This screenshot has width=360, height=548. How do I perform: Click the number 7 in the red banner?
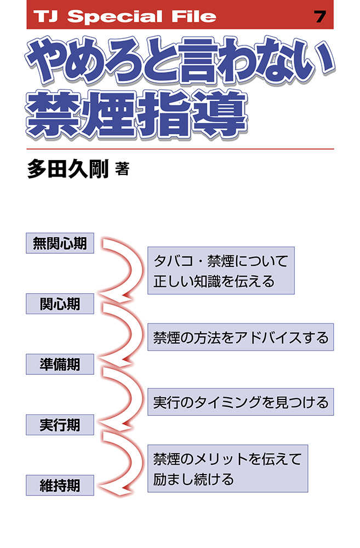[x=320, y=16]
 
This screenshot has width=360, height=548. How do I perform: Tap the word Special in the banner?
[x=115, y=16]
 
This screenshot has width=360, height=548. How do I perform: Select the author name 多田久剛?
[x=68, y=169]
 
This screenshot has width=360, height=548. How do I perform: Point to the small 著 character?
[x=122, y=169]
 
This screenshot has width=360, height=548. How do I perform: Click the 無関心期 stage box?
[x=60, y=243]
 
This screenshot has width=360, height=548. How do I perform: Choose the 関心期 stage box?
[x=60, y=304]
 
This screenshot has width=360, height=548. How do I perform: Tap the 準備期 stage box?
[x=60, y=364]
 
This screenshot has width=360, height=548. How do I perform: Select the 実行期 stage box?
[x=60, y=425]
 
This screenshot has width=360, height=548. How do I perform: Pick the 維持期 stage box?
[x=60, y=485]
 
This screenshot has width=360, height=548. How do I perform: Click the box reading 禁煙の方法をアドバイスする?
[x=241, y=337]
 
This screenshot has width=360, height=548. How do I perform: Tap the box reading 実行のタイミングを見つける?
[x=241, y=402]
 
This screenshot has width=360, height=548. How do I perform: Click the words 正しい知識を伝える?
[x=214, y=281]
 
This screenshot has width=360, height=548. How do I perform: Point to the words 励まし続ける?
[x=193, y=479]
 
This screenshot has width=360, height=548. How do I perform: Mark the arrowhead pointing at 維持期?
[x=112, y=488]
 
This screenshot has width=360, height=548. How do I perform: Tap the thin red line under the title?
[x=180, y=149]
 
